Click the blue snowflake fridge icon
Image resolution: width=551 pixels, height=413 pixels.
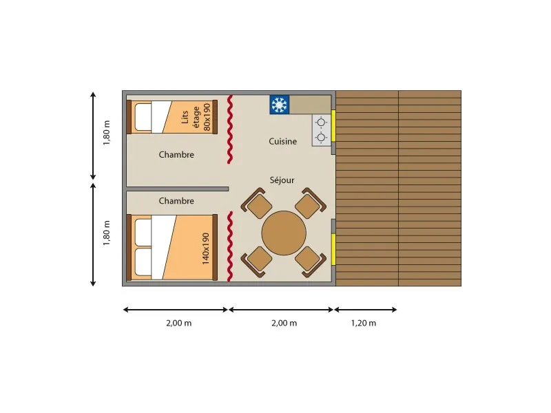pos(279,105)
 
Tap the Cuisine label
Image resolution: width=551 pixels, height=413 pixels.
pos(282,142)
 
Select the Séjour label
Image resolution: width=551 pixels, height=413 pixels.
pos(282,180)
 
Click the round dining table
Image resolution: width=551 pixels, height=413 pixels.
pos(284,233)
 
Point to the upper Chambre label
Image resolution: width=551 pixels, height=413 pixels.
pos(176,155)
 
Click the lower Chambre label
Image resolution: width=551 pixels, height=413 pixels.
pos(176,201)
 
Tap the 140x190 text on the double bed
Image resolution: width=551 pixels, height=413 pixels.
pos(205,248)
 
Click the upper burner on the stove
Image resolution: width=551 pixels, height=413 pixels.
pos(320,123)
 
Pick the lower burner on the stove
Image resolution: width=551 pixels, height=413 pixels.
pos(320,138)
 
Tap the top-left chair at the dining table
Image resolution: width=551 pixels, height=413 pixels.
pos(258,205)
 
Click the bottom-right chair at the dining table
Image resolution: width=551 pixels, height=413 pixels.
pos(309,260)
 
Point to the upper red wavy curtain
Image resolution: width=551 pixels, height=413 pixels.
pos(229,129)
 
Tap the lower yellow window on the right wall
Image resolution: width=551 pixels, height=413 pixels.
pos(333,249)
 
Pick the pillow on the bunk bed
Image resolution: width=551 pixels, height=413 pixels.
pos(143,116)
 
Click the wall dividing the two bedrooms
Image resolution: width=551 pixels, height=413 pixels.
pos(177,188)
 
